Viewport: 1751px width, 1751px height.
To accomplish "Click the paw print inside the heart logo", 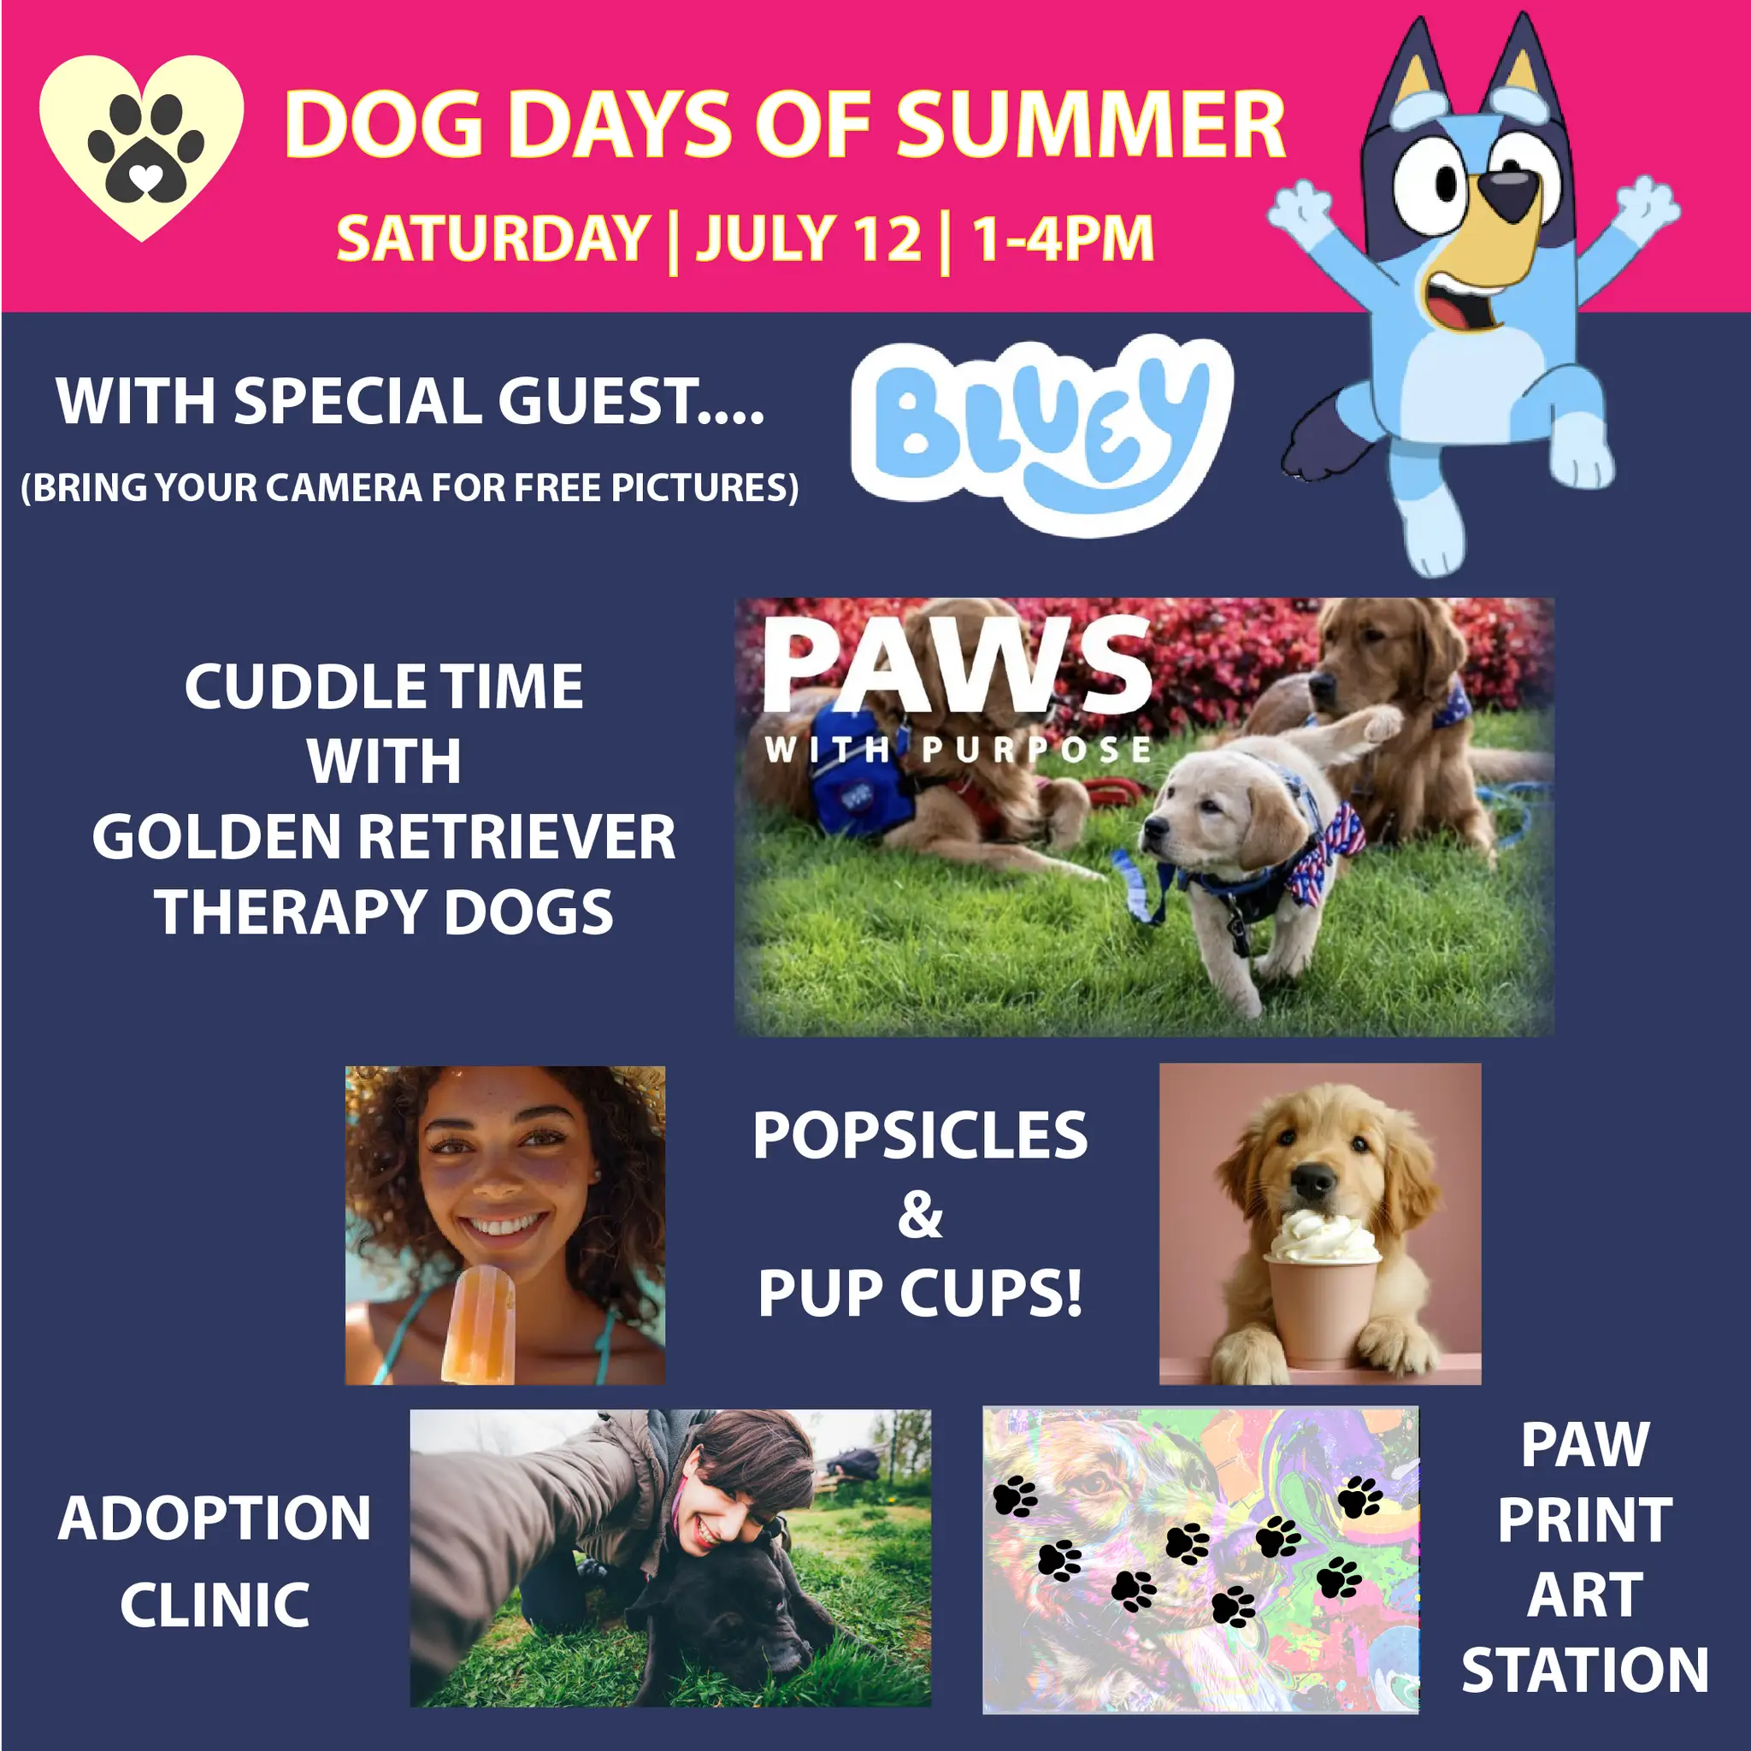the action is [146, 148].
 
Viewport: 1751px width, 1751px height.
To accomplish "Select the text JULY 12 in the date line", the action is [809, 239].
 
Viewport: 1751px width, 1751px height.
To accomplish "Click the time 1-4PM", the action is [1063, 239].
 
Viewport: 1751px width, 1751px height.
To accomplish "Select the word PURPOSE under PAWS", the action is [1036, 750].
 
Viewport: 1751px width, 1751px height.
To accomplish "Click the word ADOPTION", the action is [215, 1518].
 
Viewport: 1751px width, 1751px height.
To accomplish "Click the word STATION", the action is [1584, 1671].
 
